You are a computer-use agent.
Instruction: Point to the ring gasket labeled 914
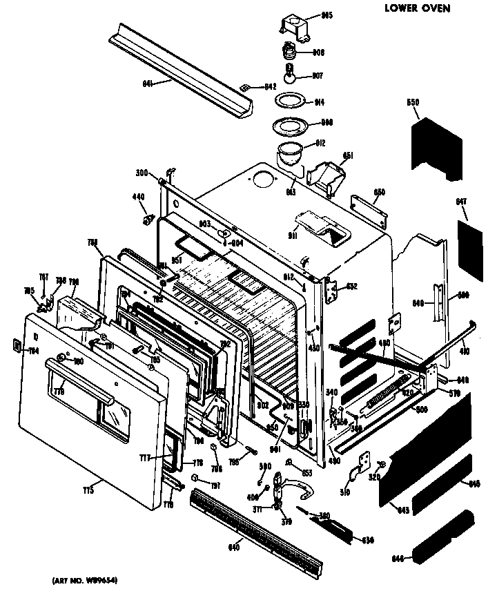coord(291,102)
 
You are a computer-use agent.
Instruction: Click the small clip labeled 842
coord(245,87)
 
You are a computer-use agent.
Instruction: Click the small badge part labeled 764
coord(16,347)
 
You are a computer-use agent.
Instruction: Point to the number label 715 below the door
coord(88,490)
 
